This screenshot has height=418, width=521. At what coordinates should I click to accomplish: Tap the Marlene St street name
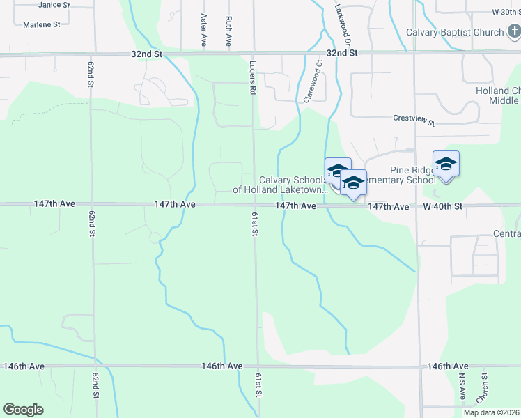coord(41,24)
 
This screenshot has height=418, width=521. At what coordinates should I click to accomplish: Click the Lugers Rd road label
coord(253,77)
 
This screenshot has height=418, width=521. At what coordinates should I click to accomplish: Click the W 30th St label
coord(505,13)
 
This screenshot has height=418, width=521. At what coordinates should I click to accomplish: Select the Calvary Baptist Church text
coord(456,33)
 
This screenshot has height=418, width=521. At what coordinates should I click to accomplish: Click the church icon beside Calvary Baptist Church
coord(513,32)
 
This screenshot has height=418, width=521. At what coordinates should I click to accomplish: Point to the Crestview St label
coord(414,121)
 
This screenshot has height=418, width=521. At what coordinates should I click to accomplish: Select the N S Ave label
coord(461,386)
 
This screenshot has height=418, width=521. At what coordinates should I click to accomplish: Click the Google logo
coord(23,410)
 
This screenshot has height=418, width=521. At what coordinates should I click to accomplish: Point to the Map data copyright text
coord(492,412)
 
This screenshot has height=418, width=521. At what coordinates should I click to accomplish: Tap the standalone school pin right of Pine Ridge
coord(446,164)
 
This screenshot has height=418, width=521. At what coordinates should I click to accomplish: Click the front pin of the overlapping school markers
coord(353,183)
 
